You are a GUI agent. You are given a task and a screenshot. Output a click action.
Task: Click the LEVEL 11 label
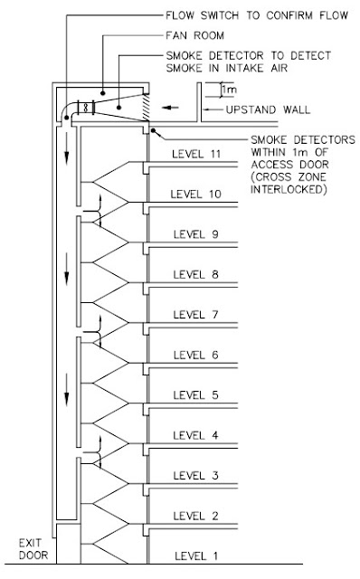198,154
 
